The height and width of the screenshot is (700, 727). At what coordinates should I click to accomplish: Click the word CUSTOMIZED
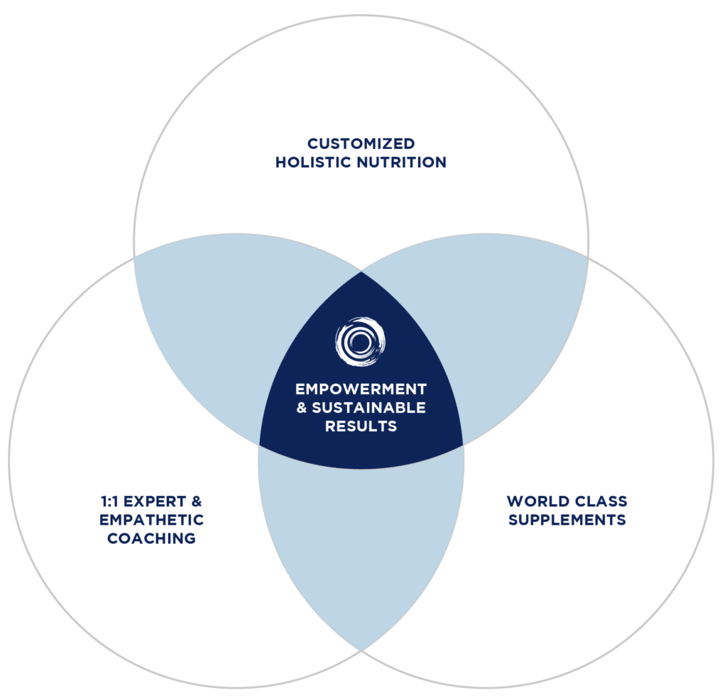(361, 144)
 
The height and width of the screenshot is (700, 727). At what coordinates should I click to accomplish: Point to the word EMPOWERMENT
(361, 389)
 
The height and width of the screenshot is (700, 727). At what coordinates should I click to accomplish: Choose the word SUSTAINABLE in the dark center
(369, 408)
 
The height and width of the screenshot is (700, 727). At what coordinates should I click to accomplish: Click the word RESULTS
(361, 426)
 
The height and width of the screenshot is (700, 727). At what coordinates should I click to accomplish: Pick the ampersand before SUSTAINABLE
(302, 408)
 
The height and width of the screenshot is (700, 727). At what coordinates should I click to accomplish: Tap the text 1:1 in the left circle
(110, 501)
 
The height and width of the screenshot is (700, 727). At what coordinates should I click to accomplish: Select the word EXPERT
(154, 501)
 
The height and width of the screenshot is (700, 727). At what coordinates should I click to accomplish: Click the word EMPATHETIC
(151, 520)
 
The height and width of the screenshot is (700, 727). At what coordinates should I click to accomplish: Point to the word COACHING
(151, 538)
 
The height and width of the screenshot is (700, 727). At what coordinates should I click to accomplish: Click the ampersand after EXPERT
(197, 501)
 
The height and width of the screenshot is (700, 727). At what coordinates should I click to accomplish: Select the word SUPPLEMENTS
(567, 520)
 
